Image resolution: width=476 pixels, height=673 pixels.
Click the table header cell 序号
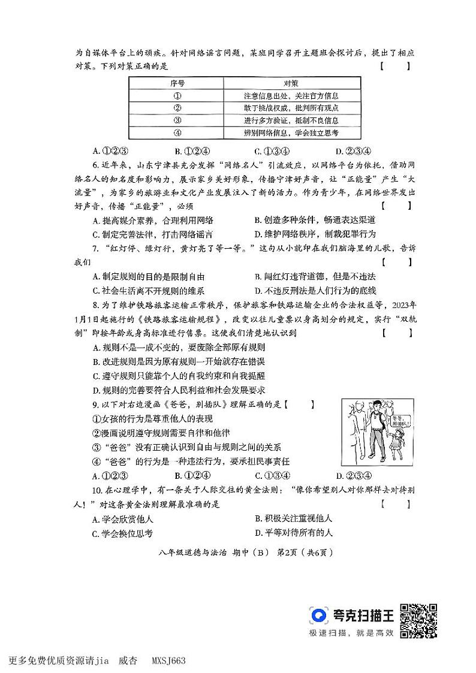pos(177,83)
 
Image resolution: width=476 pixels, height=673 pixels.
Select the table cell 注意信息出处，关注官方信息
pos(292,96)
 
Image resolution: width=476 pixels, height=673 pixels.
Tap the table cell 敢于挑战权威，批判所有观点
pos(292,108)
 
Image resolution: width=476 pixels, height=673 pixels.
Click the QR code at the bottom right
pos(418,620)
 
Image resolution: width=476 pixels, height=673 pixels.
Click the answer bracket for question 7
pos(396,261)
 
